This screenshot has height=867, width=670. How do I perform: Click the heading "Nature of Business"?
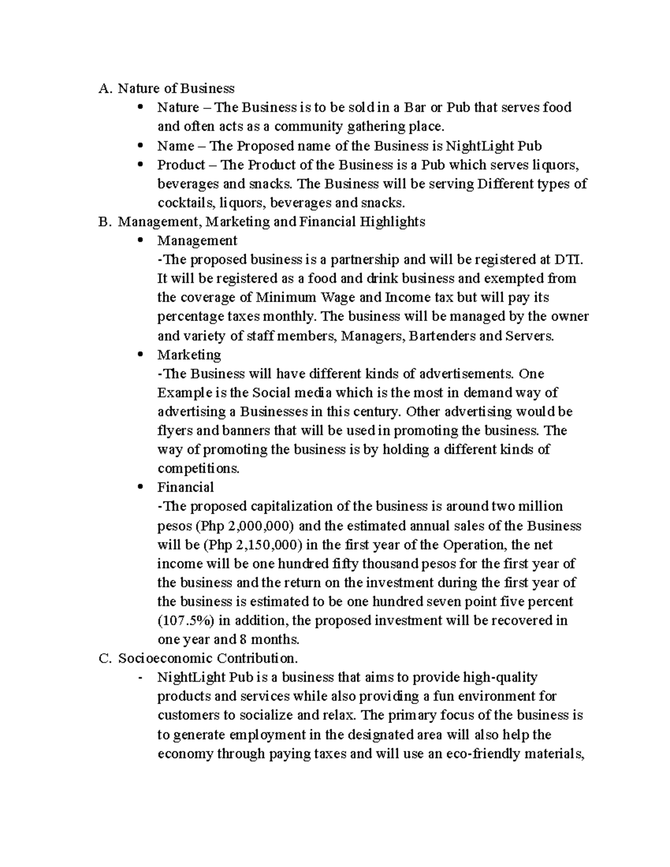tap(176, 88)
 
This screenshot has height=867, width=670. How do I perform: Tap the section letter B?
tap(103, 222)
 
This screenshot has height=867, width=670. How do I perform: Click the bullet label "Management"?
tap(197, 241)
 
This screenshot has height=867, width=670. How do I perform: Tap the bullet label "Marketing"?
tap(189, 355)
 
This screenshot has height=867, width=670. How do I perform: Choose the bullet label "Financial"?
tap(185, 487)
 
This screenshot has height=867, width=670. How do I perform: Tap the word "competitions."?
tap(198, 468)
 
